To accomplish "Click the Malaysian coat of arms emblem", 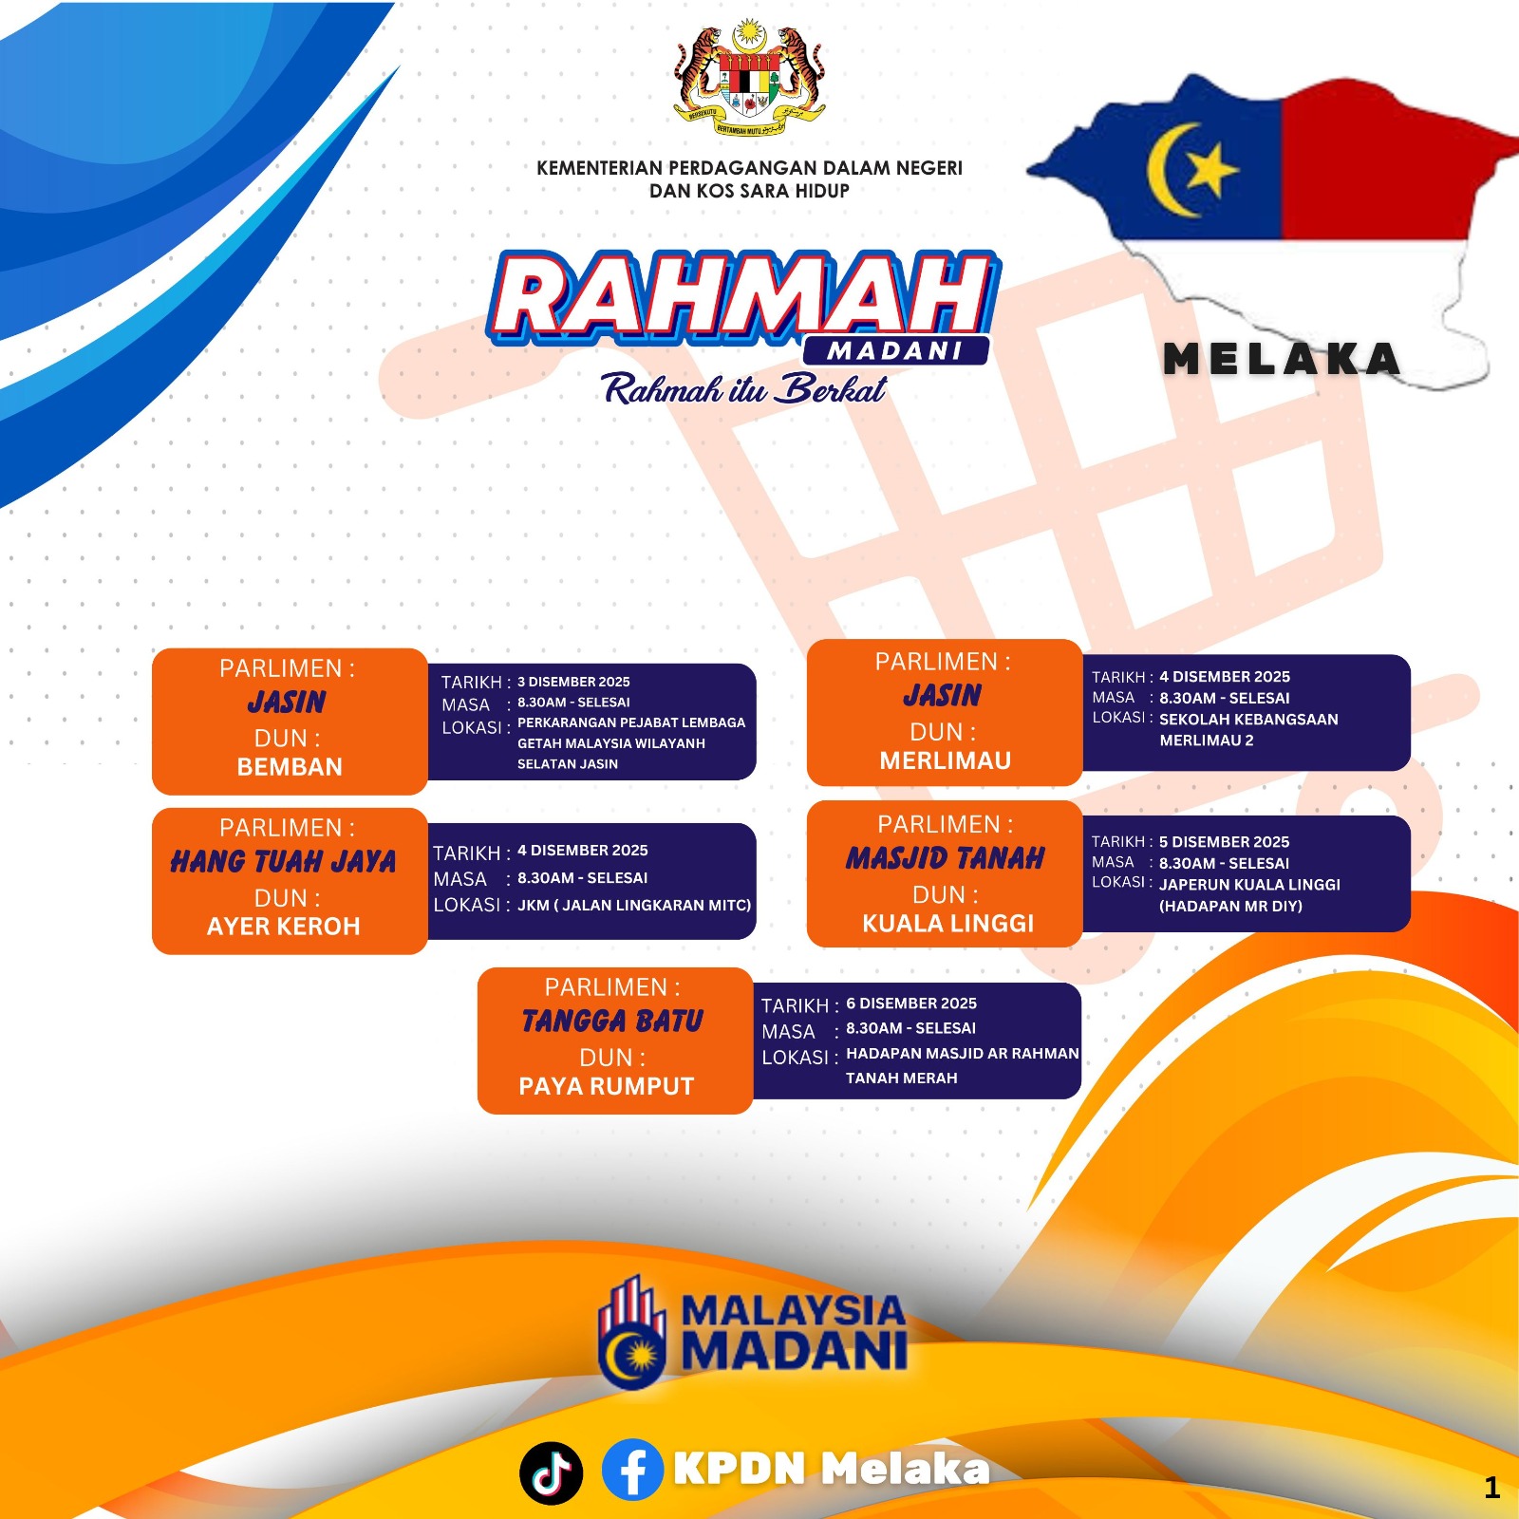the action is point(749,78).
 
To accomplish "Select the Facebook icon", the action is point(632,1470).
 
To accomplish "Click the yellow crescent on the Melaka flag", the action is point(1168,169).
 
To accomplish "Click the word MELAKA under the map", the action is point(1282,359).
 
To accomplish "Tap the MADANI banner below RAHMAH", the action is point(895,350).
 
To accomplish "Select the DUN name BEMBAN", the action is point(290,767).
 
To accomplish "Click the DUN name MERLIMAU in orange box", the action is point(946,760).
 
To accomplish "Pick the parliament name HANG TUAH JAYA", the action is point(283,861).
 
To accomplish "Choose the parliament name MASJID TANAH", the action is point(946,858).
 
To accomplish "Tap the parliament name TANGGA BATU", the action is point(612,1021).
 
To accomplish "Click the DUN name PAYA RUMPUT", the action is point(607,1086).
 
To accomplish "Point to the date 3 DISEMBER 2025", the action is point(573,682).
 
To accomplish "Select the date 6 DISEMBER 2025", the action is point(911,1003).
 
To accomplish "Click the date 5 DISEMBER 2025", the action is point(1224,842).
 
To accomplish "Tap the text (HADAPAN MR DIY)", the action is point(1230,906).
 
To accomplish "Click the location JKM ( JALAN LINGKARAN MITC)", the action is point(634,906).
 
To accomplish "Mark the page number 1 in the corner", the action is point(1492,1488).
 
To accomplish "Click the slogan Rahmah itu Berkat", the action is point(744,389).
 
